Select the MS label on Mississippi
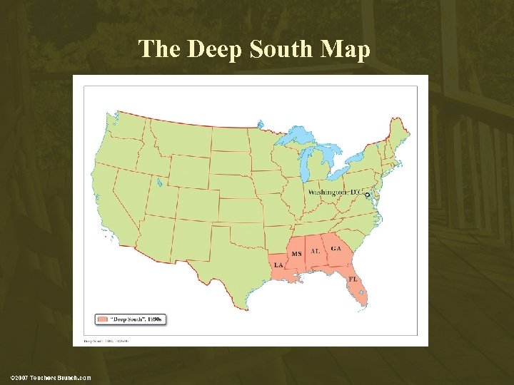tap(296, 254)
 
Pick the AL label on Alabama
tap(315, 252)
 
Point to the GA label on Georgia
tap(336, 248)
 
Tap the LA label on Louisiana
tap(278, 265)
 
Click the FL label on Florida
tap(353, 279)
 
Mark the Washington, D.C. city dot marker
tap(367, 194)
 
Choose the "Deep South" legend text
tap(136, 319)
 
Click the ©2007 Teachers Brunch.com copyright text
tap(51, 377)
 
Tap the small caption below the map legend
tap(106, 342)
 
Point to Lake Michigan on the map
tap(309, 160)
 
